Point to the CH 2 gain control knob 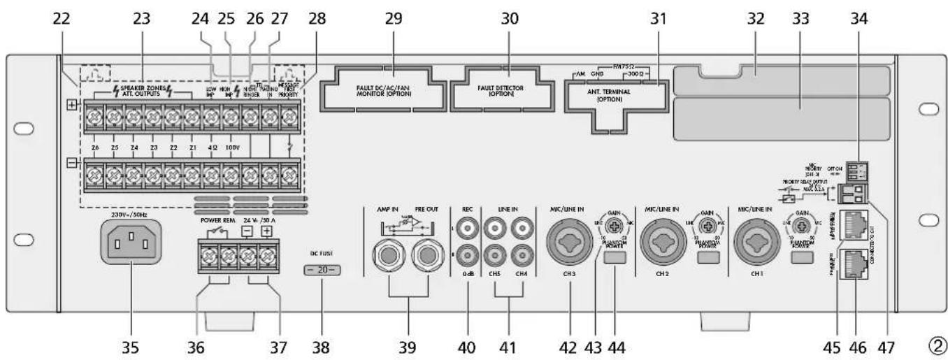(709, 226)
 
